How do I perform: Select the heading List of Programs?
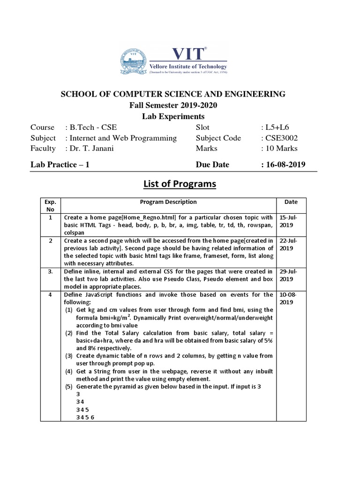pos(180,184)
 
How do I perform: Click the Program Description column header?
pos(168,202)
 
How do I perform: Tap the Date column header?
pos(290,202)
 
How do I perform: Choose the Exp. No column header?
pos(50,206)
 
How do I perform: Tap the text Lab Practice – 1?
pos(60,165)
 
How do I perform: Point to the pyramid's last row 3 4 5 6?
pos(85,417)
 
